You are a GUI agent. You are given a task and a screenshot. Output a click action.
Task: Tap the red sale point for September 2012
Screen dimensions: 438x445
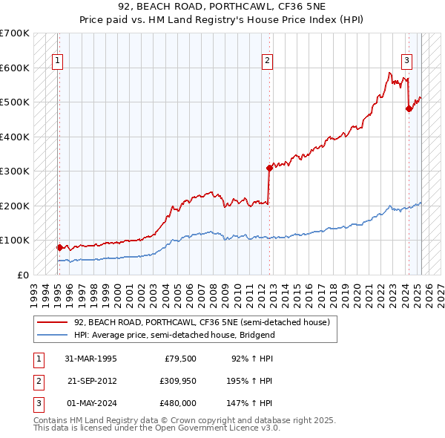click(x=269, y=169)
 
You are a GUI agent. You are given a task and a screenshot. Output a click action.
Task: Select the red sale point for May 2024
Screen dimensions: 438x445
click(x=409, y=109)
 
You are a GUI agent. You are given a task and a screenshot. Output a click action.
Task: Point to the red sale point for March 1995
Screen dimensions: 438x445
click(x=59, y=247)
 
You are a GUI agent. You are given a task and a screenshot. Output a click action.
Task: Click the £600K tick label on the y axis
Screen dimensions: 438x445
click(x=14, y=68)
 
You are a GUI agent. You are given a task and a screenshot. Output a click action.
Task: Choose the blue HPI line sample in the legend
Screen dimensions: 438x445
click(x=52, y=335)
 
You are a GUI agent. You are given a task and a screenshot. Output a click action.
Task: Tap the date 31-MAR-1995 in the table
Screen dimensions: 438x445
click(x=90, y=359)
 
